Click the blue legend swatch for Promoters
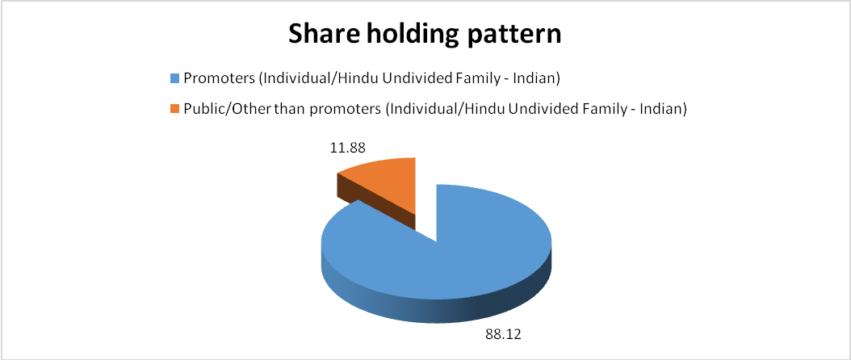coord(174,79)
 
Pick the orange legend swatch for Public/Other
coord(174,109)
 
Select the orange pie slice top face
coord(387,185)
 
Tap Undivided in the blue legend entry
coord(423,79)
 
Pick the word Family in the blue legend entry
coord(473,80)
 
